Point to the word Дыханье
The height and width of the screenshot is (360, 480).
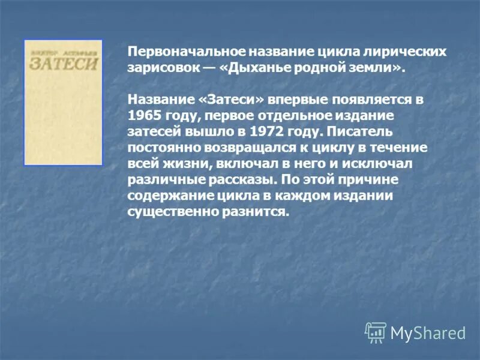(x=260, y=68)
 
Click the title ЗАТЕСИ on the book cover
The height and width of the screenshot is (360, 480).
(x=63, y=64)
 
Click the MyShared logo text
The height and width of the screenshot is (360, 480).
(x=428, y=333)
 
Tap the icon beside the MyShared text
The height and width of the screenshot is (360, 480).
(x=376, y=332)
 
